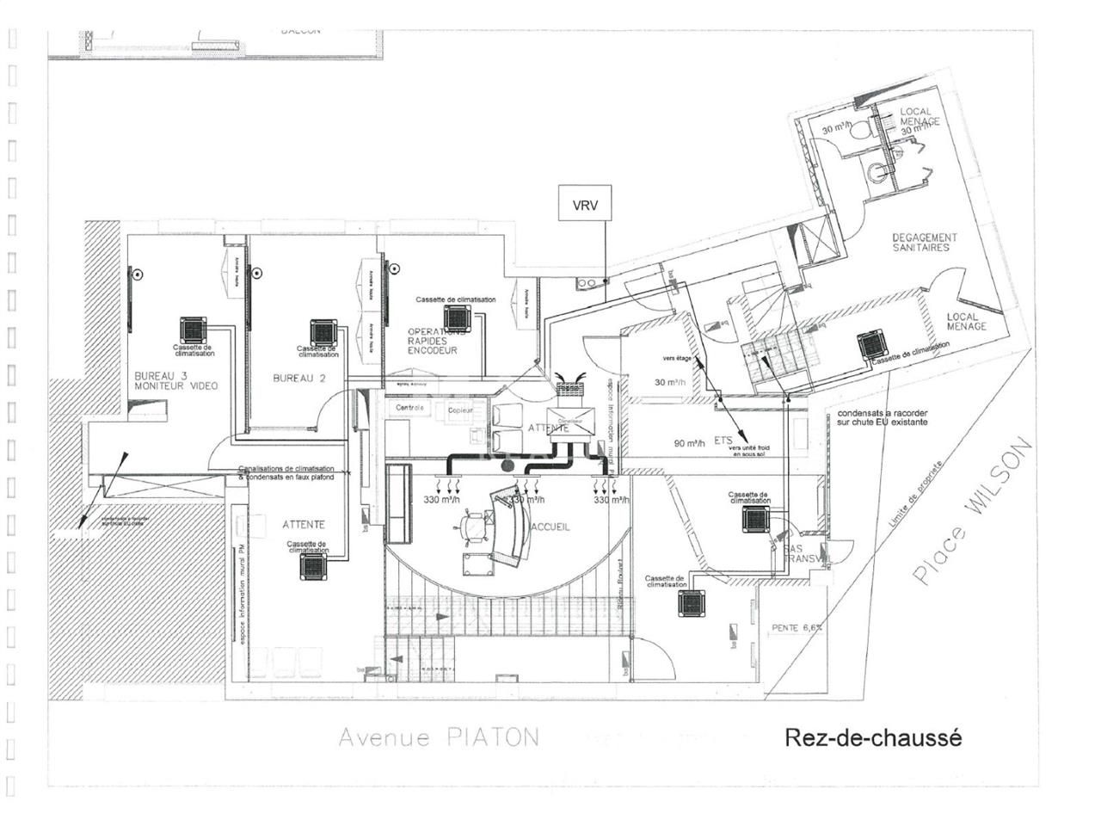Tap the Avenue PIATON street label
click(439, 737)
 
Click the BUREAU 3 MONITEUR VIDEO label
click(175, 381)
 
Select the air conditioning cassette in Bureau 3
click(194, 330)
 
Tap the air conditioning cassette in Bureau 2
click(323, 332)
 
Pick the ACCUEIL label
click(551, 527)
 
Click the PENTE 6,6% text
click(797, 627)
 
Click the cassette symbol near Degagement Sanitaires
click(873, 346)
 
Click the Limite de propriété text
click(917, 491)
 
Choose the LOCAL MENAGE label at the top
click(920, 117)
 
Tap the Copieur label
click(460, 410)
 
